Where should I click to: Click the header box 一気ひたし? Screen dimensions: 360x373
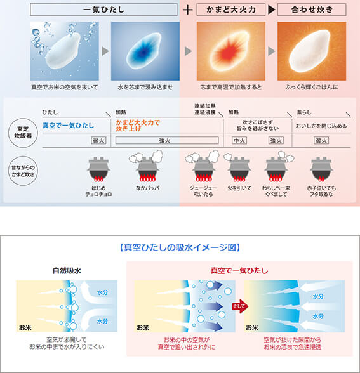tap(104, 10)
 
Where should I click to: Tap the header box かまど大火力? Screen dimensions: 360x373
tap(230, 10)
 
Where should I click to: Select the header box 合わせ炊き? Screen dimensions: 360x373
tap(312, 10)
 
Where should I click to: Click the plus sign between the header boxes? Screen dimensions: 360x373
tap(187, 10)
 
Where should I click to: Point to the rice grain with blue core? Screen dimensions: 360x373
tap(143, 51)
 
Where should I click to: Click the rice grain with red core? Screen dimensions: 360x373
tap(230, 51)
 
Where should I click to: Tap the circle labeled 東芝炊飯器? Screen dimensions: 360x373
tap(23, 133)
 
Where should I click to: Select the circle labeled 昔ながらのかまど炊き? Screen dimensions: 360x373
tap(23, 171)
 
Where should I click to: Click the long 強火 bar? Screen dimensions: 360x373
tap(167, 140)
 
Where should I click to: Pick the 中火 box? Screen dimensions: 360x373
tap(239, 140)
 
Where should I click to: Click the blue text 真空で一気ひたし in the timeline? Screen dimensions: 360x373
tap(68, 126)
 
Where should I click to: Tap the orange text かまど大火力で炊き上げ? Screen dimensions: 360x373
tap(138, 126)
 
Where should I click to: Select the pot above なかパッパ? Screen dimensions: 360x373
tap(147, 166)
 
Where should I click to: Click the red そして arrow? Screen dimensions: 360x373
tap(240, 306)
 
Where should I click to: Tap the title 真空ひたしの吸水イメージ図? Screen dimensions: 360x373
tap(180, 247)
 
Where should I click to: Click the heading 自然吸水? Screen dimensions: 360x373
tap(67, 271)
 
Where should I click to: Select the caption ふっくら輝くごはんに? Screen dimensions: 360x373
tap(312, 88)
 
